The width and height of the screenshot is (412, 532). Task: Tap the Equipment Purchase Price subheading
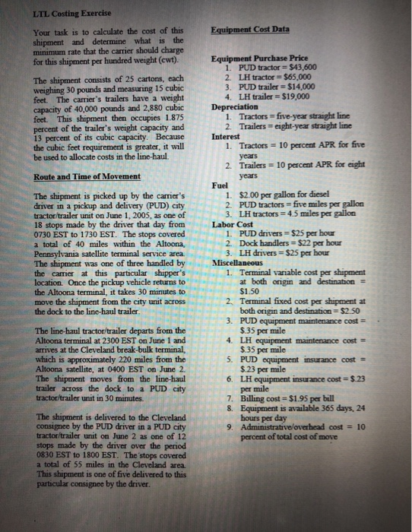pos(261,59)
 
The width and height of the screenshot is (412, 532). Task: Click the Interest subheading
pos(229,137)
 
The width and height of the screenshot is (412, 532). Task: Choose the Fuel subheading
pos(221,185)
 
